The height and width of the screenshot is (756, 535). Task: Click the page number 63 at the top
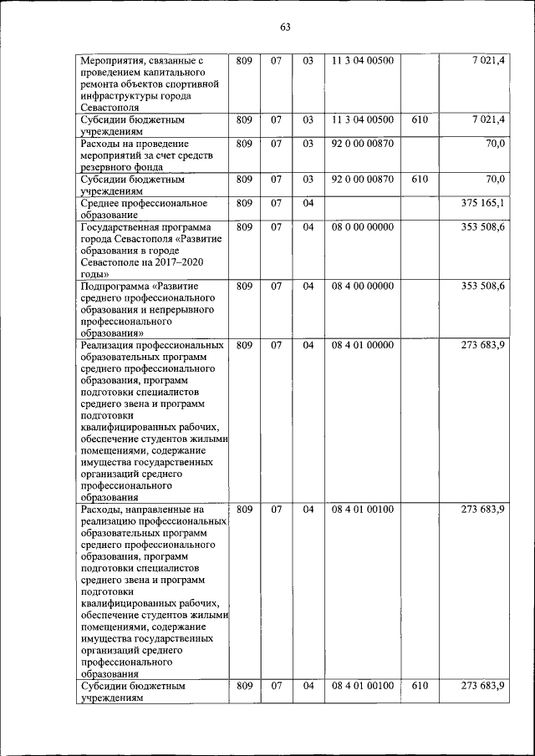(284, 27)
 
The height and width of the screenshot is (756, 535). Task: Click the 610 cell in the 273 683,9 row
(420, 686)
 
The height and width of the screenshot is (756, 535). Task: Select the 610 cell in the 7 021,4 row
(420, 120)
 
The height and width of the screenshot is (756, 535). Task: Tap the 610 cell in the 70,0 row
(420, 179)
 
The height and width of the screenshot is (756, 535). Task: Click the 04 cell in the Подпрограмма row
(308, 286)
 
